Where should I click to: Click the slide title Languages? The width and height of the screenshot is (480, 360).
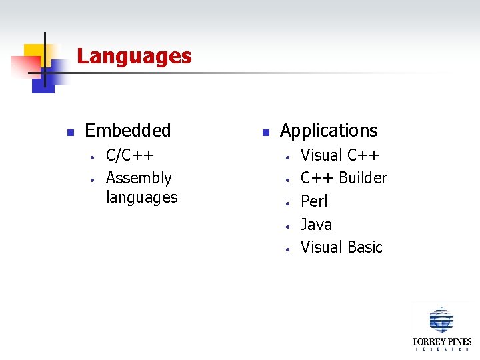click(134, 56)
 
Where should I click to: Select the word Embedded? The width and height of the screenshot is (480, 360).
click(128, 130)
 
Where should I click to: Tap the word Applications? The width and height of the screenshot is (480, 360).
click(329, 130)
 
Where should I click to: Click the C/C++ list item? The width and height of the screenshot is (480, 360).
click(130, 155)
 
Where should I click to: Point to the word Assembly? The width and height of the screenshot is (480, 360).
click(139, 178)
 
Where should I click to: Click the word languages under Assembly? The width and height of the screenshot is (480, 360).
click(141, 197)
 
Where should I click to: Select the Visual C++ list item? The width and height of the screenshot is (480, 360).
click(340, 155)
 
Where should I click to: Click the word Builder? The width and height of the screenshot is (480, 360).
click(363, 178)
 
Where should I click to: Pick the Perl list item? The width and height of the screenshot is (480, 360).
click(314, 201)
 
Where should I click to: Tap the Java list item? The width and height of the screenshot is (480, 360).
click(316, 224)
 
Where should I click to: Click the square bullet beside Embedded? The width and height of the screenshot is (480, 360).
click(69, 131)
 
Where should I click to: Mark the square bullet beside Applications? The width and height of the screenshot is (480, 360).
click(264, 131)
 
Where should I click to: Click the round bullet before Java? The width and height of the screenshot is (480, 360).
click(286, 225)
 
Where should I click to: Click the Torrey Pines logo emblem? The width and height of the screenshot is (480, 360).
click(441, 320)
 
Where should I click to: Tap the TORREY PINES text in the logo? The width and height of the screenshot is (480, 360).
click(441, 341)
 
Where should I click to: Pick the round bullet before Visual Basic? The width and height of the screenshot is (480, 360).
click(286, 248)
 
